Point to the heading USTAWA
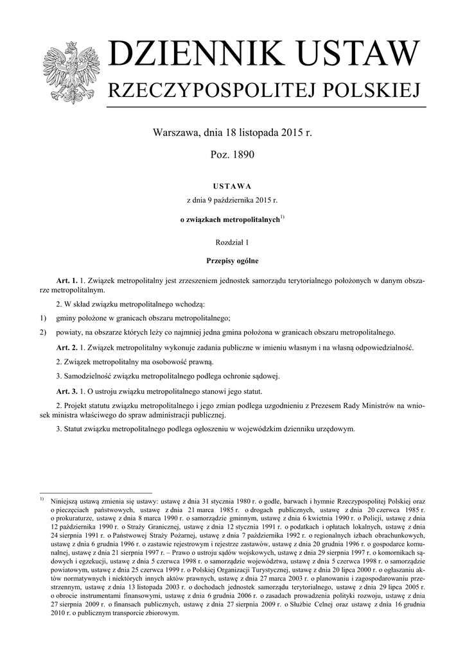(232, 185)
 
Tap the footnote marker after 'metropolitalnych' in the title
(282, 217)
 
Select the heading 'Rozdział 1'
(232, 242)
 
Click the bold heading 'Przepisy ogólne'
(232, 261)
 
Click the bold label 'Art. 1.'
(67, 281)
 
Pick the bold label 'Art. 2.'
(67, 348)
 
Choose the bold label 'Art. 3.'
(67, 391)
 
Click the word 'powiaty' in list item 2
(71, 332)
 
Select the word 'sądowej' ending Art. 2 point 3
(264, 376)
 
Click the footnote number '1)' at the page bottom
(41, 499)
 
